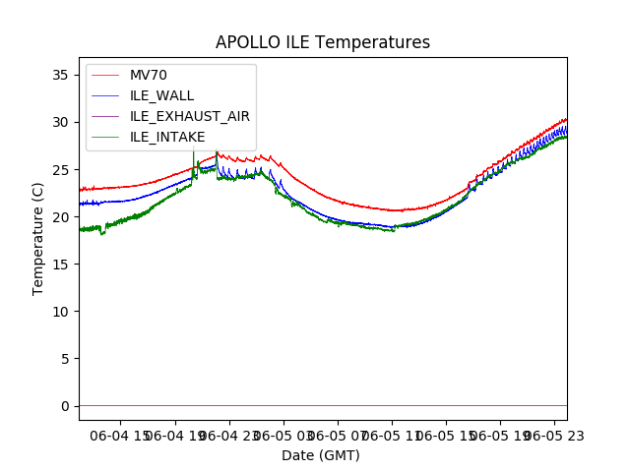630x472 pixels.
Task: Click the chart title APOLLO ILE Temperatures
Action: tap(323, 43)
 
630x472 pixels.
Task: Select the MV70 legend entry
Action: tap(148, 76)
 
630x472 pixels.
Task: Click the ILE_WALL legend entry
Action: tap(161, 95)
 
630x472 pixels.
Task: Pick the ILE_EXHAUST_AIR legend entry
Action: tap(189, 116)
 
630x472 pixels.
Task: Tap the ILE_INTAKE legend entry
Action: tap(167, 137)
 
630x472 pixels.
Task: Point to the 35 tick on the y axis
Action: tap(59, 75)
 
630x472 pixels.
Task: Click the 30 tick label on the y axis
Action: tap(59, 122)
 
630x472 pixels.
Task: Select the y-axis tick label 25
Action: tap(59, 169)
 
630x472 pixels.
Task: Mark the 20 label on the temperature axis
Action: tap(59, 216)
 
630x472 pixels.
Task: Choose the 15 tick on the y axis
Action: tap(59, 264)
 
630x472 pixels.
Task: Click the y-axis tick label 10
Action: tap(59, 311)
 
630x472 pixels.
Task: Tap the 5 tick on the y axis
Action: tap(63, 358)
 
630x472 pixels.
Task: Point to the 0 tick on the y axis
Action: tap(63, 405)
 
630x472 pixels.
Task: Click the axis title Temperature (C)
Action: tap(38, 238)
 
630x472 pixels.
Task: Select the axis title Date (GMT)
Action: tap(321, 455)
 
